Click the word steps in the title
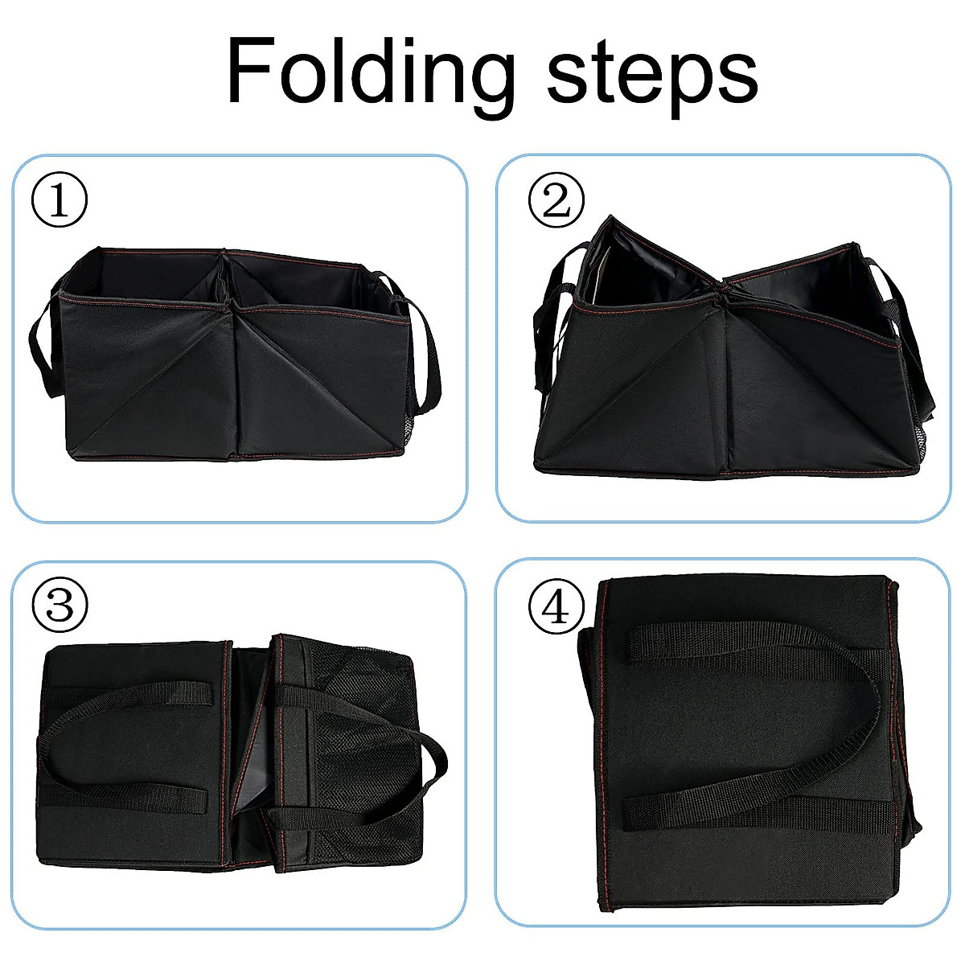[x=651, y=76]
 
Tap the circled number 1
[x=59, y=202]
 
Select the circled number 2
[x=555, y=202]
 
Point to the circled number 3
[x=59, y=606]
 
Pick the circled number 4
[x=555, y=606]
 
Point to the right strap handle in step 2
[x=913, y=338]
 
